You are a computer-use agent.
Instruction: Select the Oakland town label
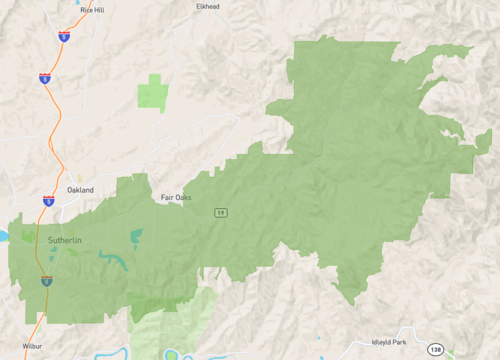pos(80,190)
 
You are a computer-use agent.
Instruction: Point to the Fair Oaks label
pos(176,197)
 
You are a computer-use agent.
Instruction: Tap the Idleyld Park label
pos(392,341)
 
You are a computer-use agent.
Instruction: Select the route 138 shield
pos(434,349)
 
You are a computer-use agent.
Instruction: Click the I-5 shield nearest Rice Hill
pos(64,37)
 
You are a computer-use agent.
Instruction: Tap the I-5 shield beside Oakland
pos(49,202)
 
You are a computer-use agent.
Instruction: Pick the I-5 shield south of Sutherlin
pos(44,282)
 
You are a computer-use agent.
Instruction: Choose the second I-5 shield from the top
pos(45,77)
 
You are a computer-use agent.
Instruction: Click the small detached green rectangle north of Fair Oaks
pos(152,92)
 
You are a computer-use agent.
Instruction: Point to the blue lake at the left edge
pos(2,237)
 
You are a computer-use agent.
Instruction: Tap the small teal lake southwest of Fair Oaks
pos(136,236)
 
